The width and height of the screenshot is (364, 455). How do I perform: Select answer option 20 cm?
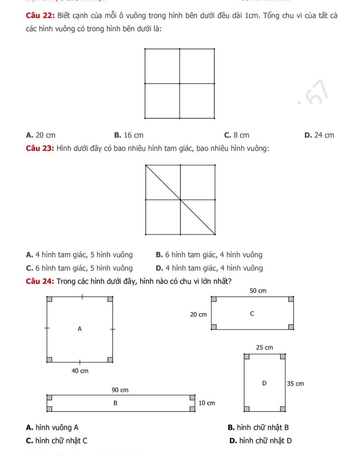pos(41,135)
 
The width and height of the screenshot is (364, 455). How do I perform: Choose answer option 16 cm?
pos(129,135)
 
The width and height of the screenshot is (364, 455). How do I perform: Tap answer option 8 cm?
pos(237,135)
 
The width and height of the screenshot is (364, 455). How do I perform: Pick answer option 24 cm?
pos(319,135)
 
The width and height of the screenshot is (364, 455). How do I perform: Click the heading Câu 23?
pos(40,148)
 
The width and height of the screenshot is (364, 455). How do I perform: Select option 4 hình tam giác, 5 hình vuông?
pos(79,255)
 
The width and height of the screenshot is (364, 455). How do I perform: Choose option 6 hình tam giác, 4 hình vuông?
pos(209,255)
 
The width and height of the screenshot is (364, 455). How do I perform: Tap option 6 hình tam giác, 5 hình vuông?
pos(79,268)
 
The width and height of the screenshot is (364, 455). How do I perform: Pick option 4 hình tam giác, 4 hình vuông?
pos(209,268)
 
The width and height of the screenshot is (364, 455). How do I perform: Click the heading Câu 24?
pos(40,281)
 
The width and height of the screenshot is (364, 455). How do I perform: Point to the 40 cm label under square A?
pos(80,371)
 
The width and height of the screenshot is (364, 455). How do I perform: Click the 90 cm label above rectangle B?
pos(120,390)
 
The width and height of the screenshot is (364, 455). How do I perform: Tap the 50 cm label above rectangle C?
pos(258,291)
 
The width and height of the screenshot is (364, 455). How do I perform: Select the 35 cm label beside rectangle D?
pos(295,383)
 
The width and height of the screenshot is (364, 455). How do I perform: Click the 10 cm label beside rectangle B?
pos(207,403)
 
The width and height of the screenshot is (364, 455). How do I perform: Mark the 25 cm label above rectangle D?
pos(264,347)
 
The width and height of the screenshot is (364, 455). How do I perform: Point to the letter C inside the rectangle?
pos(252,314)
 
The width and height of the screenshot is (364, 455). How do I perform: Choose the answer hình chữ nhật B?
pos(258,427)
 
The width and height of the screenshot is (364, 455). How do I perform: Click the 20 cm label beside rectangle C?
pos(198,314)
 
